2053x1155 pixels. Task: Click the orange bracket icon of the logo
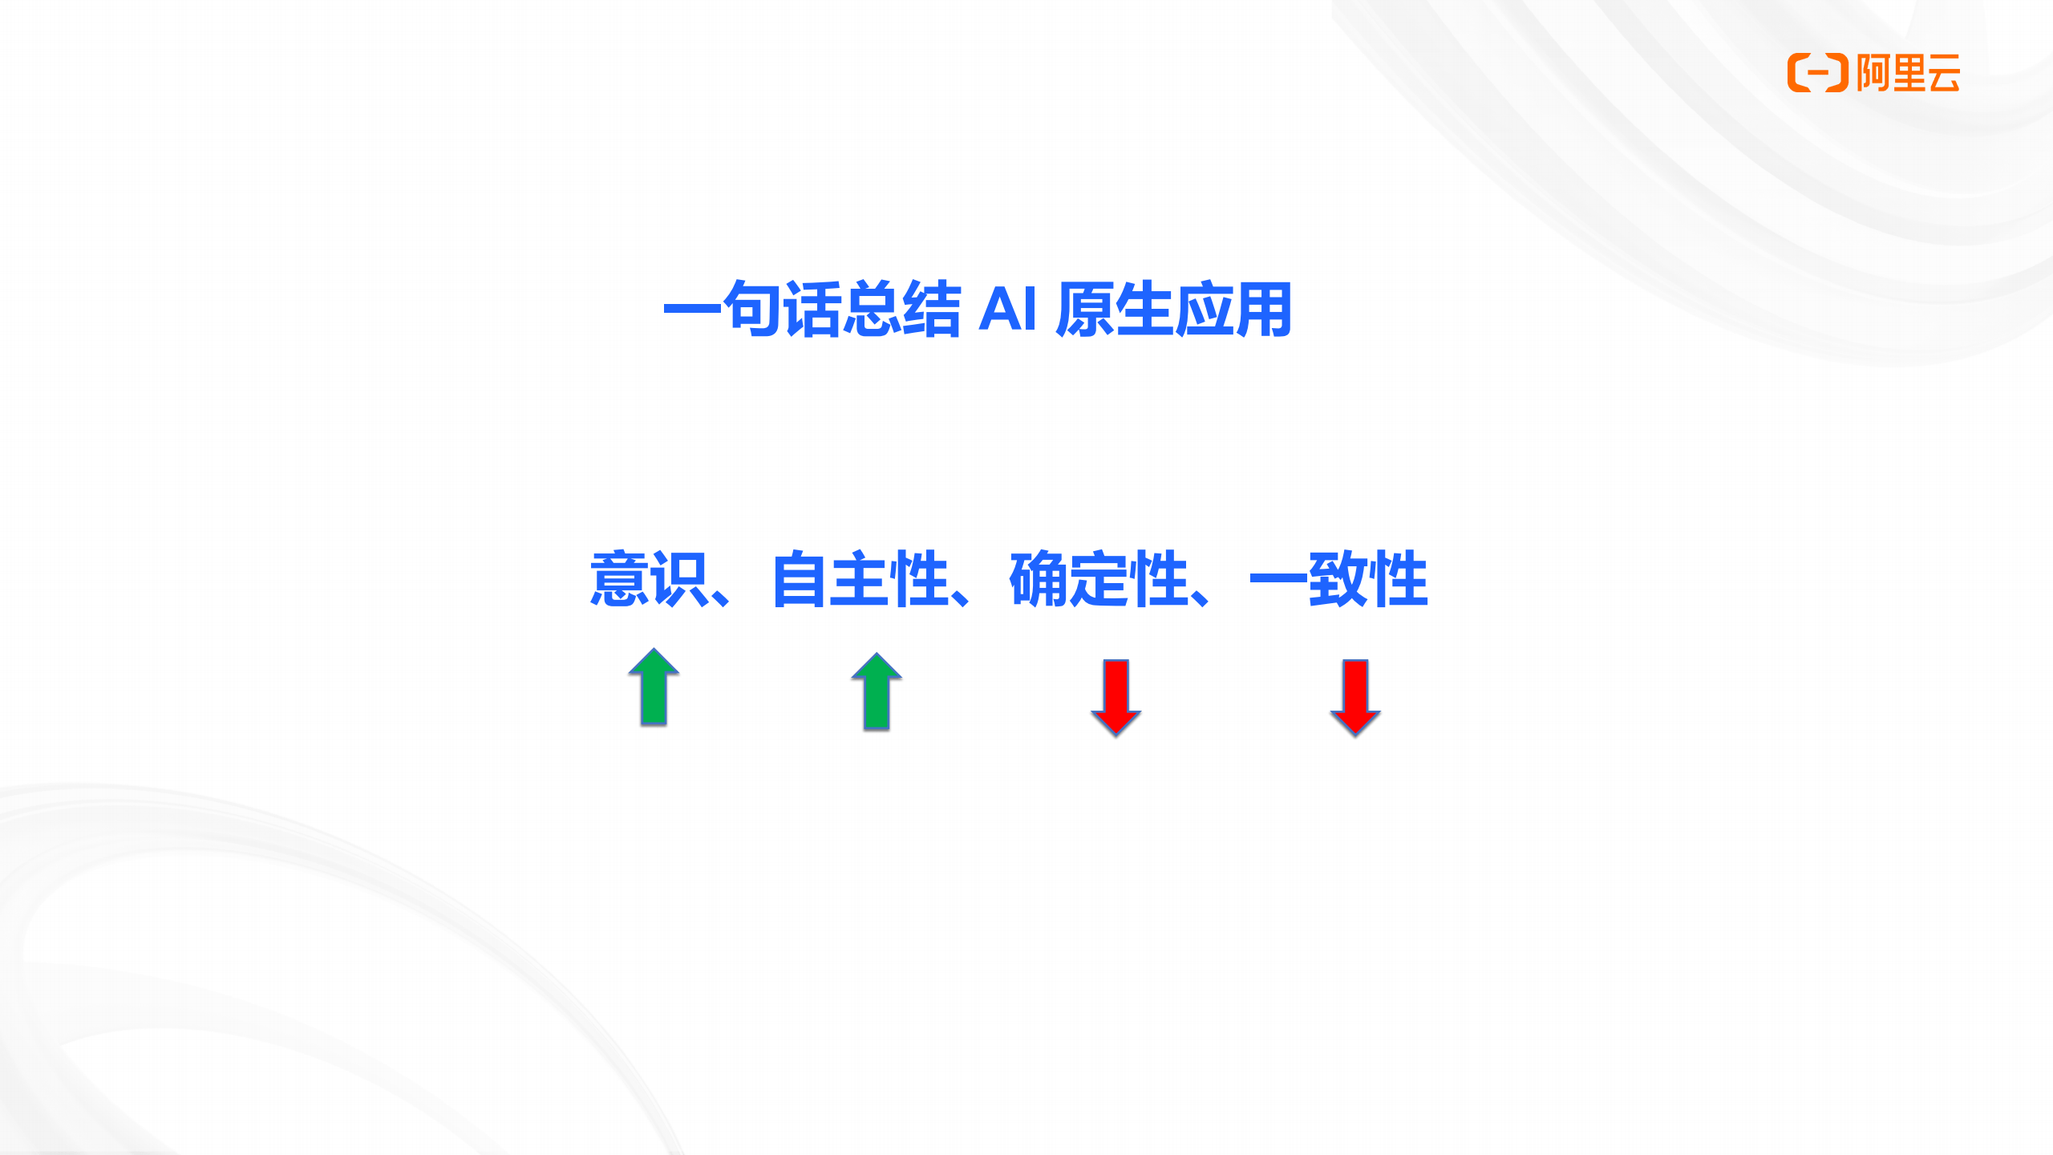(1818, 73)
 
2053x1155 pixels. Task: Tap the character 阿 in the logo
(1873, 73)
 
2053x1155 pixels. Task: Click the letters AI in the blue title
(1008, 308)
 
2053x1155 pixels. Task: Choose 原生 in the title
(1114, 309)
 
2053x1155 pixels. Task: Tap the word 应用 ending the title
(1232, 309)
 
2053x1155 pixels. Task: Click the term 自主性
(860, 578)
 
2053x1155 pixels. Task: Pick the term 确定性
(1099, 578)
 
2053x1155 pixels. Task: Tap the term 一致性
(1338, 578)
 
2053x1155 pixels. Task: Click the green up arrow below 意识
(654, 687)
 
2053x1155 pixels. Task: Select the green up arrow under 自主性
(877, 691)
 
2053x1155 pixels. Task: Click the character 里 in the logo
(1909, 73)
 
